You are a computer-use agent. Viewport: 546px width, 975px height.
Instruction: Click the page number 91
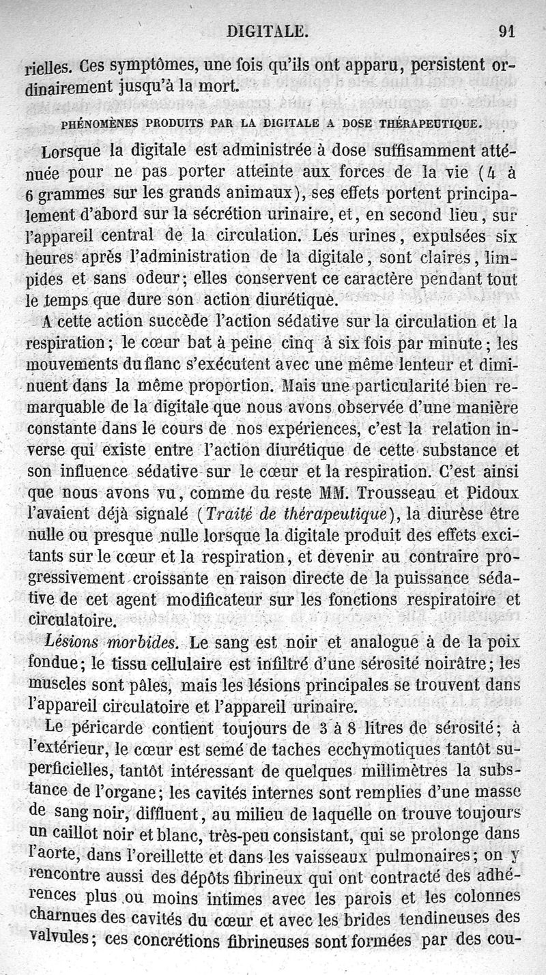[506, 31]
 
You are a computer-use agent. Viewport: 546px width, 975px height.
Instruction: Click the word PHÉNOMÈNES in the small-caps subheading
[99, 124]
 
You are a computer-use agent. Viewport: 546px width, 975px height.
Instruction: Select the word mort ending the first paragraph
[219, 87]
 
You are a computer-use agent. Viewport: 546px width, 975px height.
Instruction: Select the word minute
[461, 343]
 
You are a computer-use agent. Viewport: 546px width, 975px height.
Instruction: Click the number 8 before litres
[342, 729]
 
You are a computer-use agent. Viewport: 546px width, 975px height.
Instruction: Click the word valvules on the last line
[57, 938]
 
